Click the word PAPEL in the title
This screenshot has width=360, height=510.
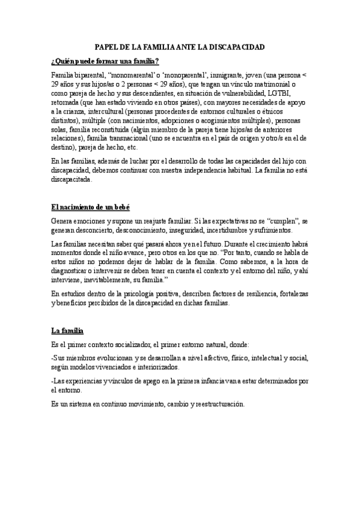pos(109,47)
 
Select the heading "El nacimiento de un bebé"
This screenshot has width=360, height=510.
pos(90,207)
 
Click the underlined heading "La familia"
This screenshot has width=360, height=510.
pos(67,331)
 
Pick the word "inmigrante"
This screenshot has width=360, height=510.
pos(218,74)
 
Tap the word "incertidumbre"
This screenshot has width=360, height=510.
pos(238,230)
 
